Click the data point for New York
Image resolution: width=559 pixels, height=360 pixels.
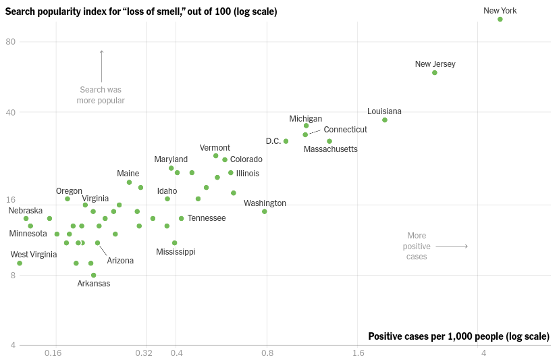[500, 20]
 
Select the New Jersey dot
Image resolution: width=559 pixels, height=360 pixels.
[435, 72]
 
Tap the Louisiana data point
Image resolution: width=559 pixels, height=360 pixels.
[385, 120]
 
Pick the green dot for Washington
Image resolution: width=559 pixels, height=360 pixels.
[265, 211]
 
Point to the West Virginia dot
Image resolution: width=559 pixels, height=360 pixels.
[20, 263]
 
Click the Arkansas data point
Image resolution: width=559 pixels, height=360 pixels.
[94, 275]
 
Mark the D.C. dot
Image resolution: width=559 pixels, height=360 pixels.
[286, 141]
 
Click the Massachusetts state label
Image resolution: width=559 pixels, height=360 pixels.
[330, 149]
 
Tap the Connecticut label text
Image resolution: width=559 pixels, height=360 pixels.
[345, 130]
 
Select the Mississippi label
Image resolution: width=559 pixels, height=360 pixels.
[176, 252]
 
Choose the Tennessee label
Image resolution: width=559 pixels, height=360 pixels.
[207, 218]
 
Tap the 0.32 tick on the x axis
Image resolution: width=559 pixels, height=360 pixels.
[144, 353]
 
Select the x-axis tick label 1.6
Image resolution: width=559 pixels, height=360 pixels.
[358, 353]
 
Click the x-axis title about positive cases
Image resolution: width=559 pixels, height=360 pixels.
[458, 336]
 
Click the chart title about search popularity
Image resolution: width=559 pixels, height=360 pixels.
[141, 11]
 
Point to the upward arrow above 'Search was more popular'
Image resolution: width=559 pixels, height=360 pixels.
[102, 65]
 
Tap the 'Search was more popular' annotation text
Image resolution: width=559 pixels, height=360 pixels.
[101, 95]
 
